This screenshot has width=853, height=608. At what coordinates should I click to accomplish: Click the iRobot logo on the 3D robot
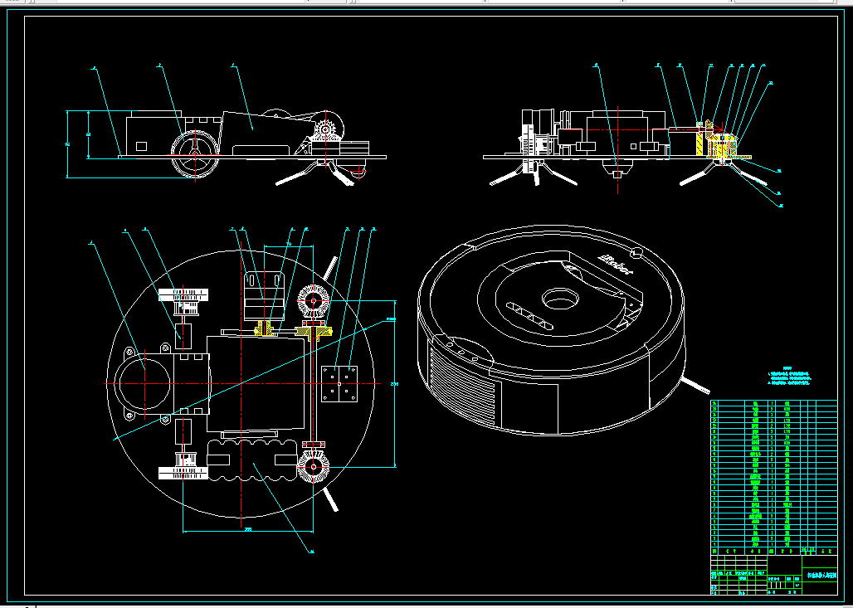(615, 265)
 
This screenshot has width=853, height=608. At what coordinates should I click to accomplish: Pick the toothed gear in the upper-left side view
(327, 130)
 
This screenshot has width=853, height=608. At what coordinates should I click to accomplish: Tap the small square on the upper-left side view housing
(141, 146)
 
